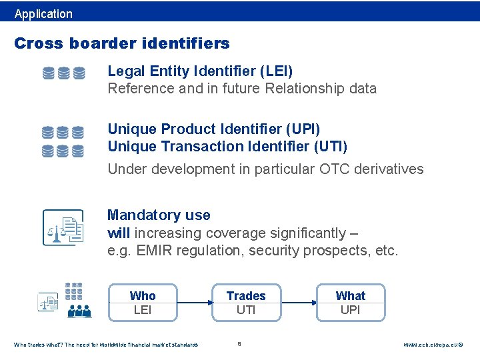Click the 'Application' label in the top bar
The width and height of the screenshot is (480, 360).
pos(43,13)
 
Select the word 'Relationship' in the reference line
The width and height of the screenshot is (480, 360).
pos(294,88)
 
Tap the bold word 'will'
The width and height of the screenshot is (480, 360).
pos(119,233)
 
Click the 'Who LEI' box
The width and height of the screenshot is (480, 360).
pos(143,303)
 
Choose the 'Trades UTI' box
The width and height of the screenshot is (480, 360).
pos(246,303)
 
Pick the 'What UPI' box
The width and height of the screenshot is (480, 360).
pos(351,303)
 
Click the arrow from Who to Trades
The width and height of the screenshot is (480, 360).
pos(194,303)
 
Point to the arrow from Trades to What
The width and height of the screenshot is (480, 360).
pos(298,303)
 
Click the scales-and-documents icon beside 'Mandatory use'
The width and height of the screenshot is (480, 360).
pos(63,227)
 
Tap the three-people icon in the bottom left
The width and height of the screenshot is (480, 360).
pos(79,310)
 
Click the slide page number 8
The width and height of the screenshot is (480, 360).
pos(239,344)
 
